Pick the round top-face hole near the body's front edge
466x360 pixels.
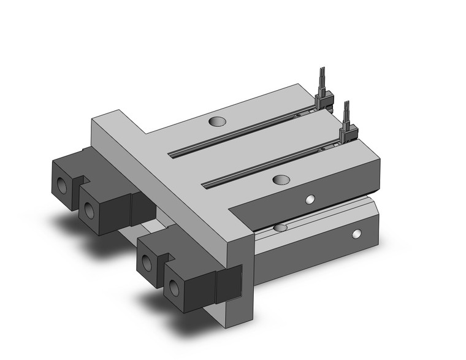pos(280,180)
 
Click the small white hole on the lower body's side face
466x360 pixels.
pos(356,234)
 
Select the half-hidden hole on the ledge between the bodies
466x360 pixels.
pos(280,228)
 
